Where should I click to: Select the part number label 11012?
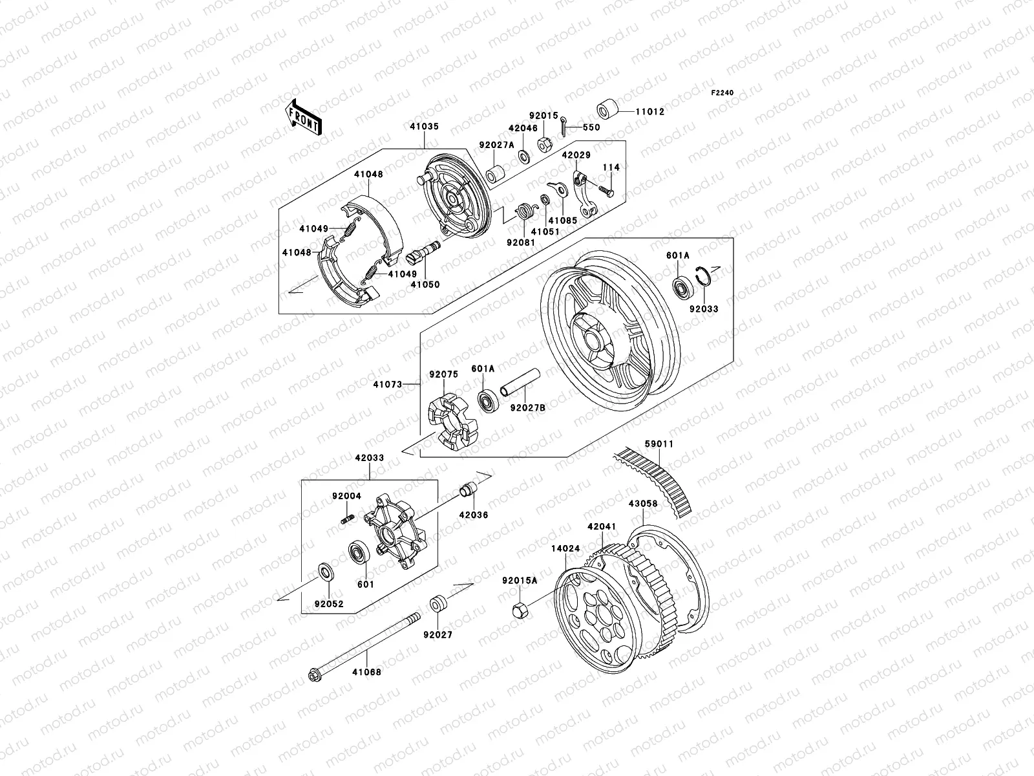[x=650, y=112]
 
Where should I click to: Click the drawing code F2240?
[x=723, y=93]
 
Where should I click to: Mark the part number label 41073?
[x=386, y=385]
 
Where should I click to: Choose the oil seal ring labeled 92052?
[x=324, y=572]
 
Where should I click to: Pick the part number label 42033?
[x=369, y=458]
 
